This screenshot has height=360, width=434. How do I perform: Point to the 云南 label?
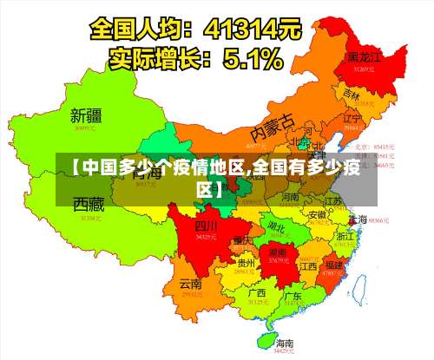(190, 284)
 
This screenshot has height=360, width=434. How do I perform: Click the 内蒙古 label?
(273, 130)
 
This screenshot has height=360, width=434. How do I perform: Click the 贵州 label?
(246, 262)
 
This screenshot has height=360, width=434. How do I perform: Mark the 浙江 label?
(345, 235)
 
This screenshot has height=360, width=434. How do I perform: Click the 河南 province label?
(290, 198)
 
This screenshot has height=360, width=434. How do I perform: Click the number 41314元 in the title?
(252, 28)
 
